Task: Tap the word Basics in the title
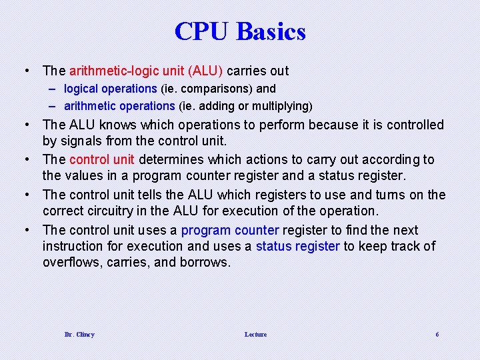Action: click(x=270, y=31)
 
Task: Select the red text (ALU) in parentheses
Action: click(x=206, y=71)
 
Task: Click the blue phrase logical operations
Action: click(x=111, y=89)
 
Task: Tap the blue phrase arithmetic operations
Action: click(x=119, y=106)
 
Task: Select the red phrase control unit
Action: click(x=102, y=159)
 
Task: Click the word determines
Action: click(x=169, y=159)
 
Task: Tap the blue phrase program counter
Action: click(x=230, y=230)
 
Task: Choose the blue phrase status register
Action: click(x=298, y=246)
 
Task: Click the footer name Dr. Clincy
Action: click(x=79, y=334)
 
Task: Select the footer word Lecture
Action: click(x=255, y=334)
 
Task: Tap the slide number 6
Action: click(x=437, y=334)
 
